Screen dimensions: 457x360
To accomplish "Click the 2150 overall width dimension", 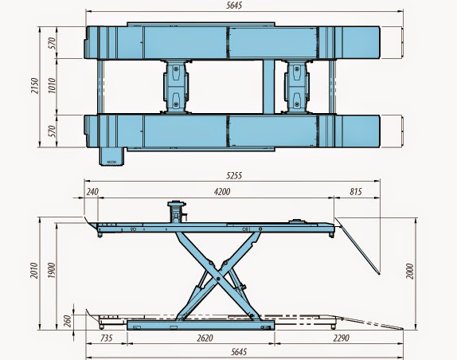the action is tap(35, 85).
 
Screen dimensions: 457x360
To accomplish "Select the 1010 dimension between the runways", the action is tap(53, 85).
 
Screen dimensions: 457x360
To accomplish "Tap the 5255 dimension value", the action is tap(234, 176).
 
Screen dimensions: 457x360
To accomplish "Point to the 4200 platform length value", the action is tap(222, 191).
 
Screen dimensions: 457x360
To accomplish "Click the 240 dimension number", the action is tap(92, 192).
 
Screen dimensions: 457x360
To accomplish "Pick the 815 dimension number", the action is tap(355, 192).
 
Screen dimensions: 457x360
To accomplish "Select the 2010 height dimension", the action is tap(34, 270).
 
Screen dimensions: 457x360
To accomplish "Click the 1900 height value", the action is tap(52, 270).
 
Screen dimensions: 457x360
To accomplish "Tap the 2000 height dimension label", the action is tap(410, 271).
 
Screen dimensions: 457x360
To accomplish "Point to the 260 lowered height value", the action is tap(68, 321).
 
